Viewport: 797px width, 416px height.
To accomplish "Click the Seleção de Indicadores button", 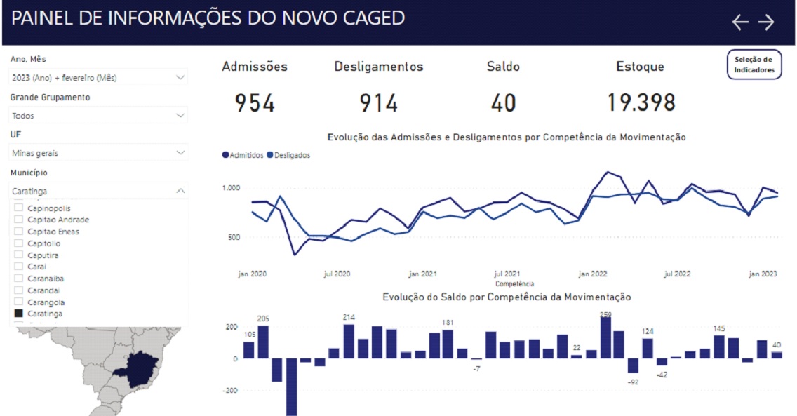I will coord(754,65).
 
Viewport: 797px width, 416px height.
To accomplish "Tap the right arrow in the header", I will coord(766,22).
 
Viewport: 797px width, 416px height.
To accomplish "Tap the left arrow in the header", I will coord(740,22).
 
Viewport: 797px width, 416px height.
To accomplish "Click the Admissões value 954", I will coord(255,104).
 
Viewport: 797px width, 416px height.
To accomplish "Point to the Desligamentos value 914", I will coord(379,104).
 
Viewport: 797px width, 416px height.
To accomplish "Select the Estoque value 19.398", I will coord(641,104).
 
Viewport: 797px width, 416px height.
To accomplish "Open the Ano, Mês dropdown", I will coord(99,77).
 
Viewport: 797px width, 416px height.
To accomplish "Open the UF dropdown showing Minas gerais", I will coord(99,152).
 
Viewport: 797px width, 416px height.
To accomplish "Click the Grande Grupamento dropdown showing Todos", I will coord(99,115).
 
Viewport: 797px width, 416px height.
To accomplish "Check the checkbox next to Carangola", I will coord(19,302).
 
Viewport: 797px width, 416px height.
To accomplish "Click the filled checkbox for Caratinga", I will coord(19,314).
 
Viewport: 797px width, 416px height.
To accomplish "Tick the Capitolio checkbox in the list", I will coord(19,243).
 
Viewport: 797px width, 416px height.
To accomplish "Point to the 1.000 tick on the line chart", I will coord(232,188).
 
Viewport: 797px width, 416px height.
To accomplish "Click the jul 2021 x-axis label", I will coord(507,274).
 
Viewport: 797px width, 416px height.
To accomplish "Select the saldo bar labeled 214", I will coord(349,341).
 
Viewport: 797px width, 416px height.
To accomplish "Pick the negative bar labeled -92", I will coord(634,365).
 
